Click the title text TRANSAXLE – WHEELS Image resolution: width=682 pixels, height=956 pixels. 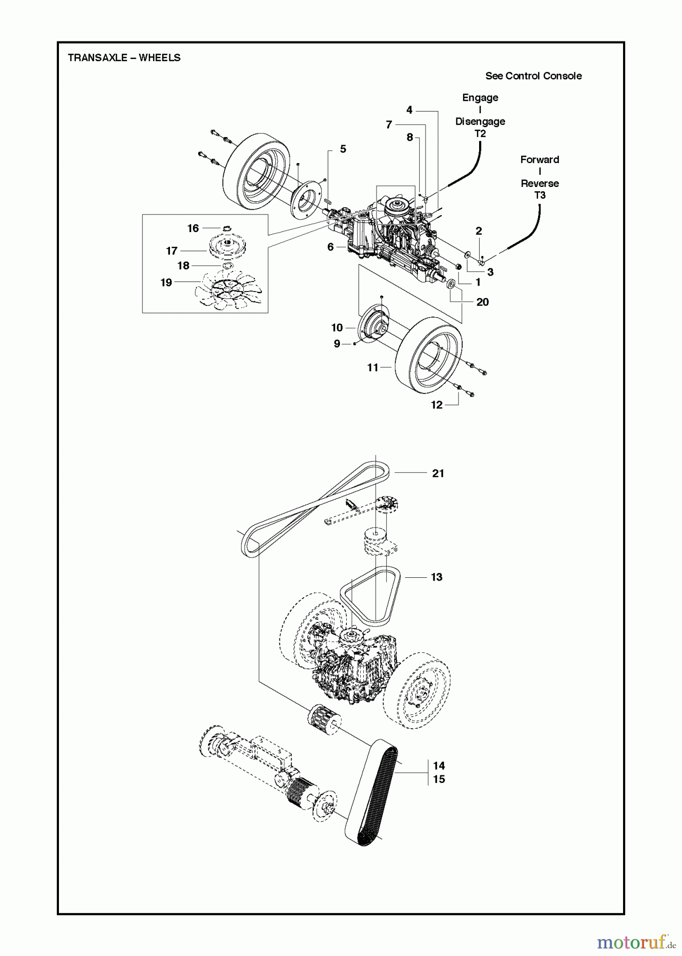coord(124,58)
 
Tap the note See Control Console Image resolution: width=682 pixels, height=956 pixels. coord(533,76)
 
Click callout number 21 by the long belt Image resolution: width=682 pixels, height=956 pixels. coord(438,473)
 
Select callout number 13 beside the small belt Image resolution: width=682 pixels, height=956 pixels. coord(436,577)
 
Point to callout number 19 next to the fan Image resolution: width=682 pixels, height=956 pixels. coord(166,283)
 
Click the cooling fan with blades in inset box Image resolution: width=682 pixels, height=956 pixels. coord(228,289)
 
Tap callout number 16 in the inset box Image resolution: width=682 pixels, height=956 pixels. coord(193,228)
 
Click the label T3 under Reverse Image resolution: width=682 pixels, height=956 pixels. coord(539,195)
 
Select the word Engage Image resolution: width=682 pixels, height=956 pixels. coord(480,98)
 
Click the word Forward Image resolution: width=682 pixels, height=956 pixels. coord(539,159)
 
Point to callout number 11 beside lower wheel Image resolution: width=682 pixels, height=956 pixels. coord(373,367)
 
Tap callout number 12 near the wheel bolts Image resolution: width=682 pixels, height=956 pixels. coord(437,405)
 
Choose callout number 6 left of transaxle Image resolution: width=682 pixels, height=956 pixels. coord(330,247)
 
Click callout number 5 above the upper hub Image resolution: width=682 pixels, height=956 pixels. coord(343,149)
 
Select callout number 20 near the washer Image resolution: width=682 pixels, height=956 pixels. coord(482,302)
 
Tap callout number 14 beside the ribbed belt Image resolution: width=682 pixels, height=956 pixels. coord(438,765)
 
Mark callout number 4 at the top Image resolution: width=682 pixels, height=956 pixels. coord(409,110)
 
